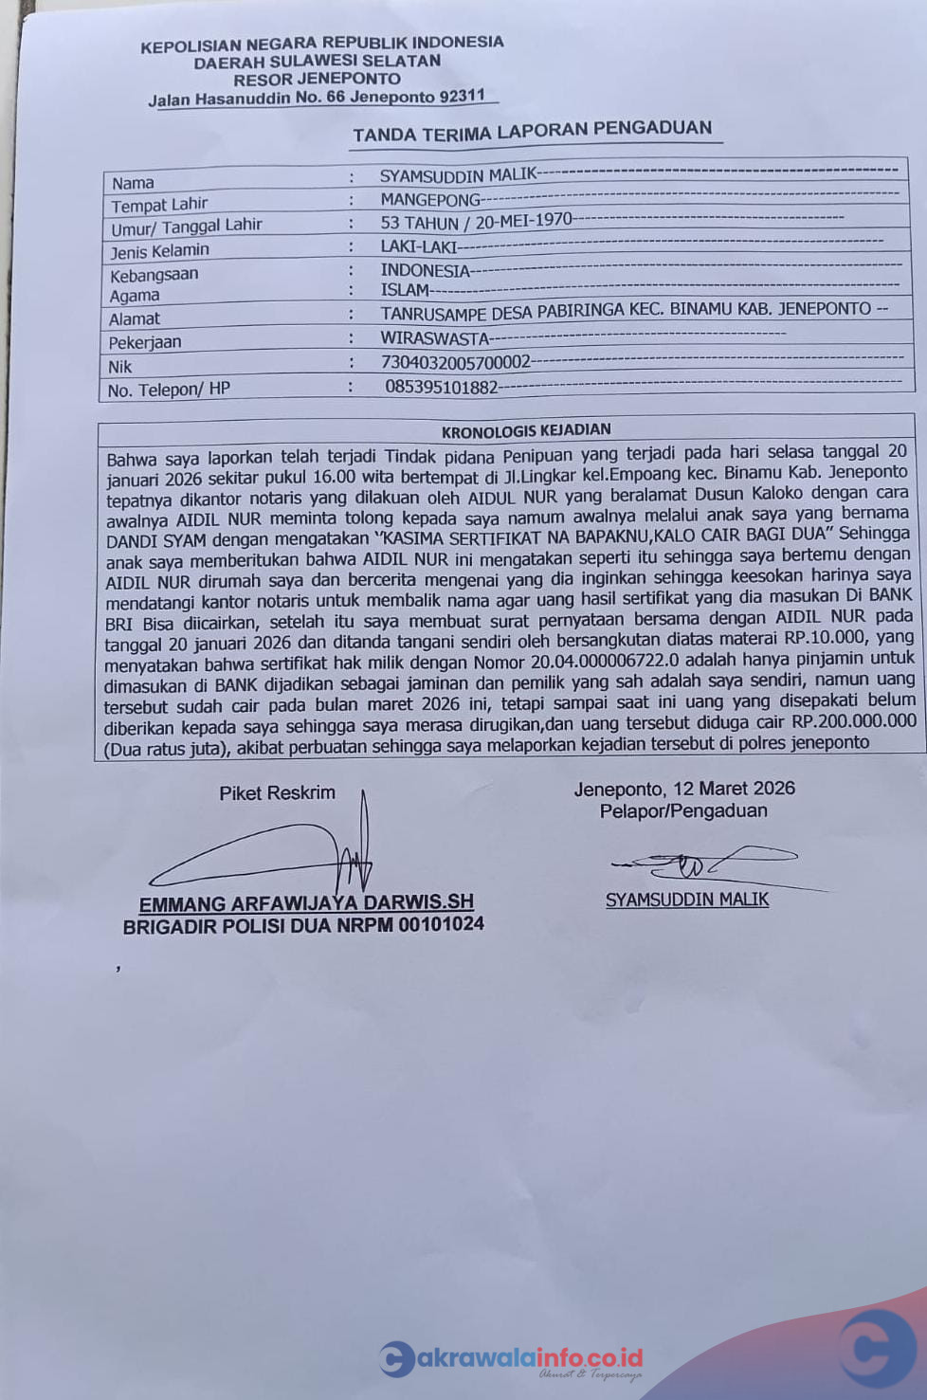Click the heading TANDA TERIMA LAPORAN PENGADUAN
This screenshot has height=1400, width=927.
(532, 131)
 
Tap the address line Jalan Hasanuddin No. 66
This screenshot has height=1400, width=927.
(317, 98)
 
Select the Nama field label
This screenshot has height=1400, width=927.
(133, 183)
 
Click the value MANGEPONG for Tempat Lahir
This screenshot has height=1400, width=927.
(430, 200)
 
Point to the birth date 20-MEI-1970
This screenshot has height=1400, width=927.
(523, 221)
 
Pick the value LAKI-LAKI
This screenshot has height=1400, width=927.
(418, 246)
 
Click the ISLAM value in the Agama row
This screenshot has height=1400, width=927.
(405, 290)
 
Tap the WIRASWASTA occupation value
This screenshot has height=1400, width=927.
(434, 337)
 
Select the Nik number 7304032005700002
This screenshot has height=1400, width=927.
(455, 362)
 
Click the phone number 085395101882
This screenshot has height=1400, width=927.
(441, 387)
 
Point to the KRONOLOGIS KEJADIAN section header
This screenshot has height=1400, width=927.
(525, 430)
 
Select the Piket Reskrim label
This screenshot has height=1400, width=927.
(277, 793)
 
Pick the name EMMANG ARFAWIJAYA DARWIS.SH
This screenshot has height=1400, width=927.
(306, 903)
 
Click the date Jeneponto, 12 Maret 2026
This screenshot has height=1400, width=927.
(683, 789)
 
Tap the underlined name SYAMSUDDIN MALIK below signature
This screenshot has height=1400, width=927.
(687, 900)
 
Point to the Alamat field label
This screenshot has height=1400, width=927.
(134, 319)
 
